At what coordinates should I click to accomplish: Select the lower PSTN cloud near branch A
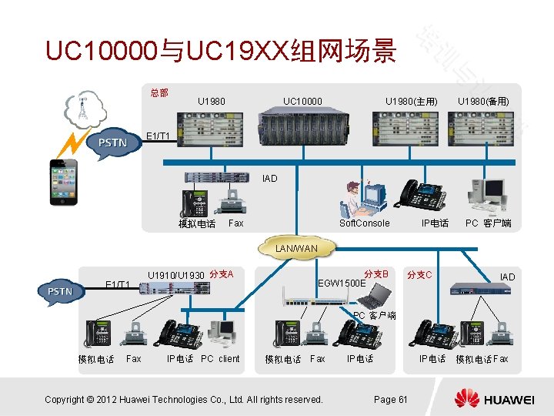(x=60, y=291)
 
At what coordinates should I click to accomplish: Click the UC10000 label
(x=302, y=101)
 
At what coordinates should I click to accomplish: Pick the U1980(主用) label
(x=412, y=102)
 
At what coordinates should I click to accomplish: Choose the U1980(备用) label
(x=483, y=102)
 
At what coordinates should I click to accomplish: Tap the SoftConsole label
(x=365, y=223)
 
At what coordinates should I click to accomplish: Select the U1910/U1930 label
(x=175, y=275)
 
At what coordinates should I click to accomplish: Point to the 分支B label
(x=376, y=274)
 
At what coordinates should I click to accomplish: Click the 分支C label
(x=419, y=275)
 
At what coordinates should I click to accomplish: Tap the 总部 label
(x=159, y=93)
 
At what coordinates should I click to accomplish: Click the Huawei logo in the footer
(x=493, y=399)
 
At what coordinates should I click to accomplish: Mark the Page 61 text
(x=390, y=399)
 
